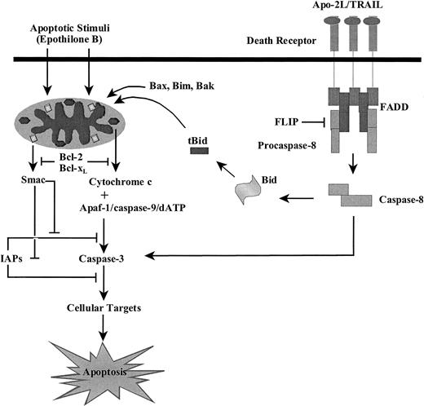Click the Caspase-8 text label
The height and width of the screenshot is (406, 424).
coord(400,198)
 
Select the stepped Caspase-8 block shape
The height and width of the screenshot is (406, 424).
coord(349,196)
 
